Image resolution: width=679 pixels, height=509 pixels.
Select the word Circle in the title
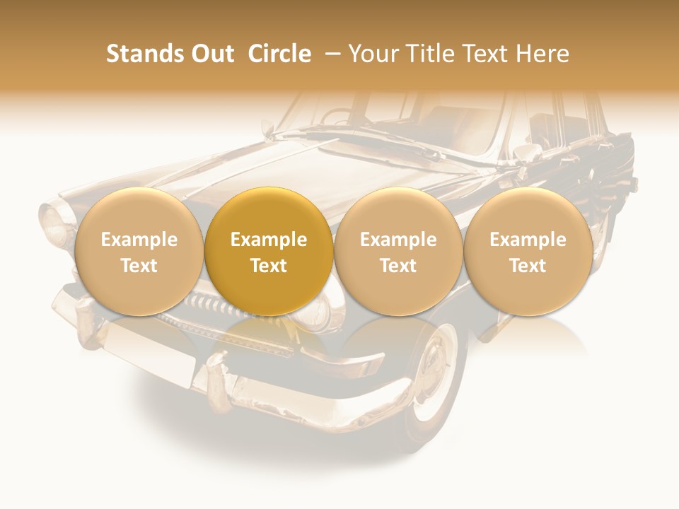(x=279, y=54)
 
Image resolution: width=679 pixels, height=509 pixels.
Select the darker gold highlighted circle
(x=269, y=252)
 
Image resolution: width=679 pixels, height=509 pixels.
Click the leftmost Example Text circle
(x=139, y=252)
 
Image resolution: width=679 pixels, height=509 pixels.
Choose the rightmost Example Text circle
(x=528, y=252)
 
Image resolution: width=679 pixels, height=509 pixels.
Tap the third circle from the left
(x=398, y=252)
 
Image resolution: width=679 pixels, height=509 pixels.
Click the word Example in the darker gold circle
(x=269, y=240)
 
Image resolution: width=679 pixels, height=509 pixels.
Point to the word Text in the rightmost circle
(x=528, y=266)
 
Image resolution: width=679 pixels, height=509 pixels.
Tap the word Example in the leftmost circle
(x=139, y=240)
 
